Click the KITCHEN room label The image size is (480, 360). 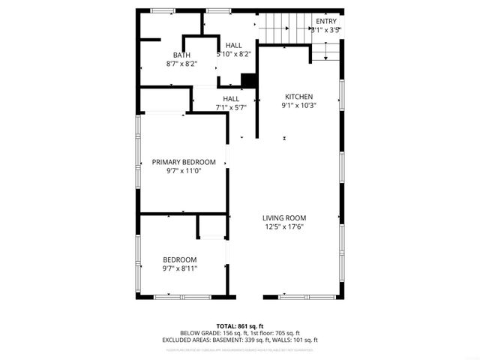(x=298, y=97)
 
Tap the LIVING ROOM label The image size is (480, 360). (x=284, y=218)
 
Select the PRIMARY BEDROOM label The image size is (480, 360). (x=184, y=162)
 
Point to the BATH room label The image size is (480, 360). (x=181, y=55)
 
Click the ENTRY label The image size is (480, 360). (x=326, y=21)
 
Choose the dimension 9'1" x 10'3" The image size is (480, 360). (x=298, y=106)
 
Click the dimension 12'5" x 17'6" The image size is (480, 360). (x=284, y=227)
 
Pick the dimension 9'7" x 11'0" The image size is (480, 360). (x=184, y=171)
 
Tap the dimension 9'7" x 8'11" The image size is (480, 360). (x=180, y=268)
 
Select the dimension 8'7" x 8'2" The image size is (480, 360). (x=181, y=64)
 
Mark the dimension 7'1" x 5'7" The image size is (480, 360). (x=231, y=107)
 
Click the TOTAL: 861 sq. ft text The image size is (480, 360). (x=239, y=325)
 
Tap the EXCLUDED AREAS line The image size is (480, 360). (x=239, y=340)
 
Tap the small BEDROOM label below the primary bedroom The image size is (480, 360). (x=180, y=259)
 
